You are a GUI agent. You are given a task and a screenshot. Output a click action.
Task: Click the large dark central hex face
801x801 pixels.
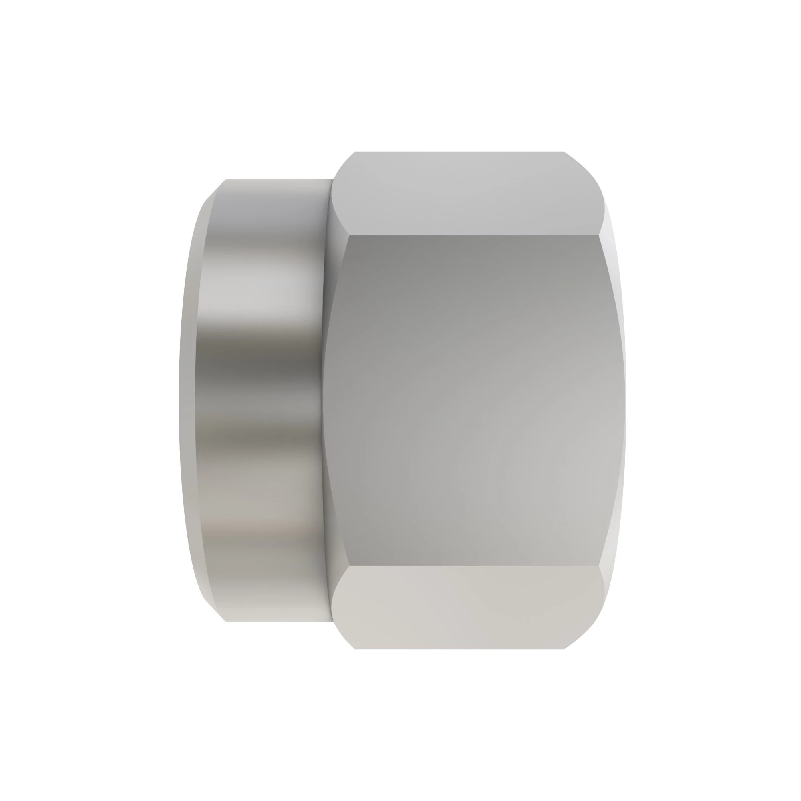click(x=473, y=400)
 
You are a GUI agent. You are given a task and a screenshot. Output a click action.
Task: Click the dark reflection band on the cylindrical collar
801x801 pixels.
click(x=261, y=365)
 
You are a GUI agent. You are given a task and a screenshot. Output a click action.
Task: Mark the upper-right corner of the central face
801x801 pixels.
click(x=599, y=236)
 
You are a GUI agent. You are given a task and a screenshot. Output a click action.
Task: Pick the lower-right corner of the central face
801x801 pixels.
click(x=599, y=565)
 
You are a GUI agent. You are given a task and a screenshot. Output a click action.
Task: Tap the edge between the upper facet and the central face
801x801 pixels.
click(x=473, y=235)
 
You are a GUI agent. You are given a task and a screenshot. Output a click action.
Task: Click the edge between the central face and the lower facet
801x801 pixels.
click(x=473, y=565)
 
